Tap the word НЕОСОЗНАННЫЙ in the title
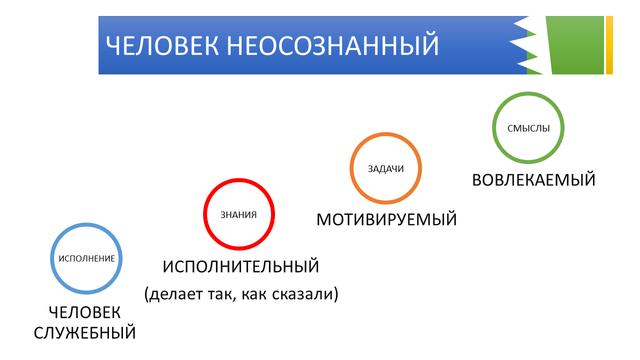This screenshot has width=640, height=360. point(332,46)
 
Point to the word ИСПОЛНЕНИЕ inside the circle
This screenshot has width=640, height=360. point(87,258)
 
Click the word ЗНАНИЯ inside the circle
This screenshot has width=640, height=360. point(239,215)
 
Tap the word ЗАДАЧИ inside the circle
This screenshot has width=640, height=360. point(385,169)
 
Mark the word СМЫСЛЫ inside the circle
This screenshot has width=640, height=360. point(528,128)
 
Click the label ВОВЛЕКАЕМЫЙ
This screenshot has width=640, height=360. point(534,180)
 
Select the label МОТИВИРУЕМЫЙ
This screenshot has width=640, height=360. point(387,219)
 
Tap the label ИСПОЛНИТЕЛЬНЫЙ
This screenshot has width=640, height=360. point(241,266)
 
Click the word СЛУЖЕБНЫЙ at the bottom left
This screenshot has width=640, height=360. point(85,332)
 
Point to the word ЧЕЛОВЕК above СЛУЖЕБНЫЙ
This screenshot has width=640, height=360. point(85,312)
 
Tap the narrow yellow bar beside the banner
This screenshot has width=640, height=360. point(609,45)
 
